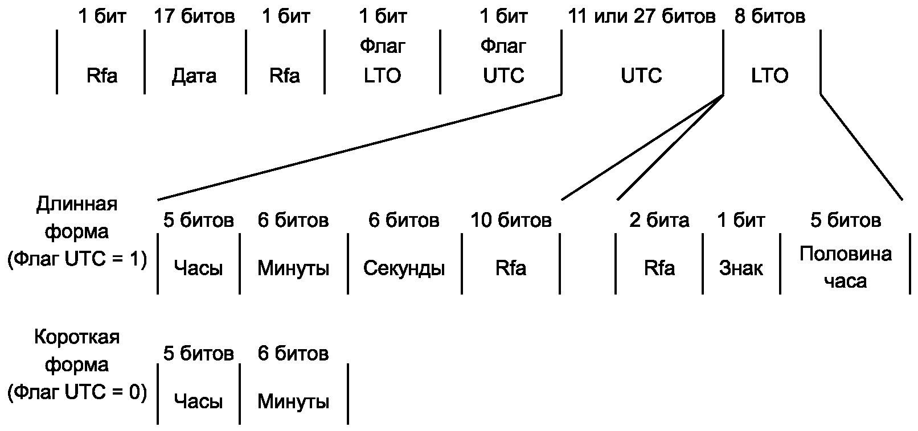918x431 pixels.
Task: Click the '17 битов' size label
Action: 194,16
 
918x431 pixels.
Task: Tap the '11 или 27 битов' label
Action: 642,16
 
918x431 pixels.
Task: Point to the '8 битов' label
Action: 769,16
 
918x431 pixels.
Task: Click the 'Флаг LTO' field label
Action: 382,61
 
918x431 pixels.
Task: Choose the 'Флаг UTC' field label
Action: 503,61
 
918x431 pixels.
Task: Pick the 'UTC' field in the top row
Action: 641,76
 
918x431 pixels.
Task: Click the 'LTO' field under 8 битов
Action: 769,76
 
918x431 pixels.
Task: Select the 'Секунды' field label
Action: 404,268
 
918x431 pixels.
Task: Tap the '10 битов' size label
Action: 511,220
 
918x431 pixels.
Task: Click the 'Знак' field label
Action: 741,268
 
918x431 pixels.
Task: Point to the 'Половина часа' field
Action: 846,268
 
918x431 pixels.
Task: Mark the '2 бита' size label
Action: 659,220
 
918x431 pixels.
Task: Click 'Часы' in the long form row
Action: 198,268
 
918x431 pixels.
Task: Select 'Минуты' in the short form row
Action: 293,401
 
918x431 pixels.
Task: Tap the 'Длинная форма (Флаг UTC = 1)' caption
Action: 77,231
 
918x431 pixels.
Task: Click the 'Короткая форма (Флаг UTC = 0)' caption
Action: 77,365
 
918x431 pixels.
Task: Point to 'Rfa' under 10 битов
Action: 511,268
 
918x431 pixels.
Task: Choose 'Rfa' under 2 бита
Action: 659,268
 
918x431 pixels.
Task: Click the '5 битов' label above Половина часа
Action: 846,220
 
